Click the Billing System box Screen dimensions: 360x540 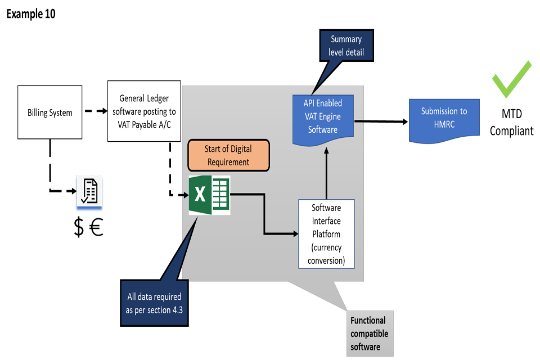50,112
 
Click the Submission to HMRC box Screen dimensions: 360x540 444,118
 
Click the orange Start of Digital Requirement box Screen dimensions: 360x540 229,155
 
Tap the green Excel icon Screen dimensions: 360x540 209,195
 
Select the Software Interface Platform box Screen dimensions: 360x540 326,234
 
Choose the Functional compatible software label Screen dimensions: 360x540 369,334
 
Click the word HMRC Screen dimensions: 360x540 444,124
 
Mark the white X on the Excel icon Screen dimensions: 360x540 200,195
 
